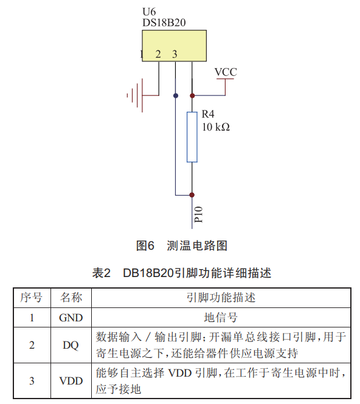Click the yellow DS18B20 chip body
175,46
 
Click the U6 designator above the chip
149,12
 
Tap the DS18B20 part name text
164,22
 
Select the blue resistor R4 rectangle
192,137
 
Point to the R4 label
208,114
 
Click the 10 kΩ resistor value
216,127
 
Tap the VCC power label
226,72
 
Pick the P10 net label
199,214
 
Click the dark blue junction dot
176,95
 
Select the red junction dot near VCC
192,95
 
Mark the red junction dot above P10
192,195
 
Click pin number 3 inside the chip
175,54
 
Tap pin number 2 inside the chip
158,54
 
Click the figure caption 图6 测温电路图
182,245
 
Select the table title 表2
102,273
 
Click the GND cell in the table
71,318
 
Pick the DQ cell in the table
71,345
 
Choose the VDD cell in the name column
71,381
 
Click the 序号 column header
32,297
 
